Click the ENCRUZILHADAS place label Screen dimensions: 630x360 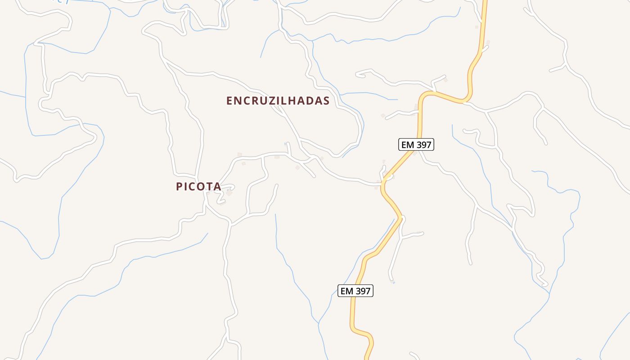pyautogui.click(x=278, y=101)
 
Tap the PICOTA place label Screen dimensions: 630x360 pyautogui.click(x=198, y=186)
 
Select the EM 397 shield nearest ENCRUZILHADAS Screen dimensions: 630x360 pyautogui.click(x=416, y=145)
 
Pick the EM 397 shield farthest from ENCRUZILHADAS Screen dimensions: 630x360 pyautogui.click(x=355, y=291)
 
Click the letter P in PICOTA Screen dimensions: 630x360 pyautogui.click(x=180, y=186)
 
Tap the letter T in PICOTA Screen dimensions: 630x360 pyautogui.click(x=207, y=186)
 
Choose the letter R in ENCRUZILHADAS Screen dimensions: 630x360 pyautogui.click(x=256, y=101)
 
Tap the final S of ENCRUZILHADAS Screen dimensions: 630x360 pyautogui.click(x=326, y=101)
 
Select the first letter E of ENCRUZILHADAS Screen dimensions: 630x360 pyautogui.click(x=229, y=101)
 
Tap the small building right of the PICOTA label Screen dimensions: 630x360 pyautogui.click(x=229, y=193)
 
